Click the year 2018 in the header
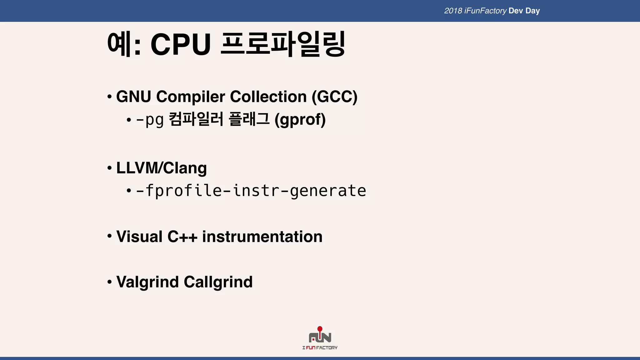point(453,11)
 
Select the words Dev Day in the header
point(524,11)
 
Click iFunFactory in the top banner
point(485,11)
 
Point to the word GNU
point(134,97)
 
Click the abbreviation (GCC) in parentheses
point(334,97)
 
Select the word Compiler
point(190,97)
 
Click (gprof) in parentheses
point(300,120)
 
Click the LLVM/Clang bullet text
point(161,168)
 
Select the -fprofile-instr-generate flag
point(251,191)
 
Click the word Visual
point(139,237)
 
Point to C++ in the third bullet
point(182,237)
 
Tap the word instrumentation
point(262,237)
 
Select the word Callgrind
point(218,282)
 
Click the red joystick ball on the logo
point(320,329)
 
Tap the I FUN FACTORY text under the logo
point(320,348)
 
